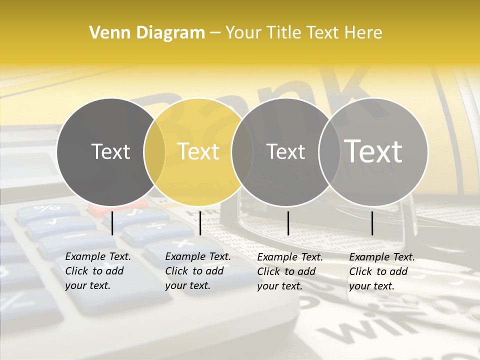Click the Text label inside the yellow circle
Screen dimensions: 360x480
coord(198,151)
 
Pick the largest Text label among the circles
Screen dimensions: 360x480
coord(373,151)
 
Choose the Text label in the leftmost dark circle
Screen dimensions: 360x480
coord(111,151)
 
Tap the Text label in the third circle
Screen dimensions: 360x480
coord(286,151)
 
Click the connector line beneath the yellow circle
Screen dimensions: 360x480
coord(200,223)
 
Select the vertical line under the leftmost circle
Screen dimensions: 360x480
coord(112,223)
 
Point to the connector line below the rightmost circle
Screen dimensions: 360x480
coord(372,223)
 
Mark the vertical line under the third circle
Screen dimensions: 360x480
coord(288,223)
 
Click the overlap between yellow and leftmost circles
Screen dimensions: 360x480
coord(154,151)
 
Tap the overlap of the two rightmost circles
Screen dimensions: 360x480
coord(329,151)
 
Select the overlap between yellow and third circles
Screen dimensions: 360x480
coord(242,151)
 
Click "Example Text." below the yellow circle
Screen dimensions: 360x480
coord(198,256)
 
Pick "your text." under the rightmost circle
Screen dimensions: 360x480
coord(372,286)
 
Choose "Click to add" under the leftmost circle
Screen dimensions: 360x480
coord(94,271)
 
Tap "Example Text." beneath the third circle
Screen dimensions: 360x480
coord(290,257)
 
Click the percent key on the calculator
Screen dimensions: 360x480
coord(46,208)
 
